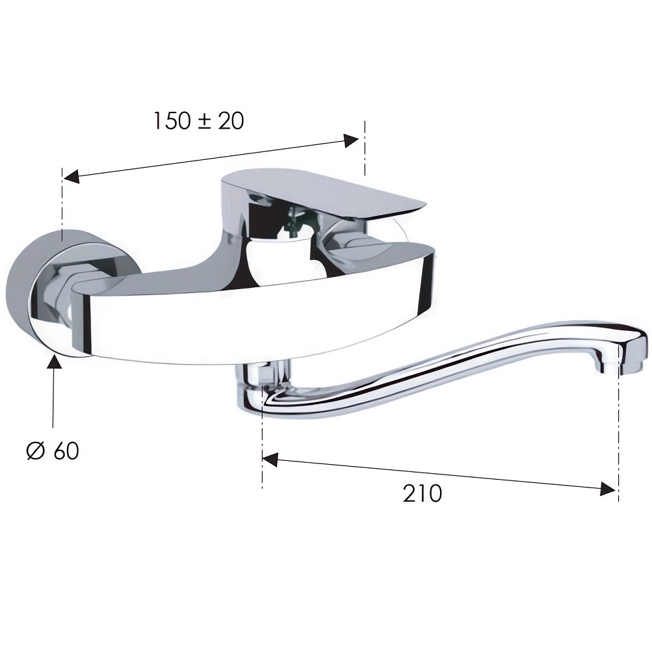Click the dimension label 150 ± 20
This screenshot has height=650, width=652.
pyautogui.click(x=199, y=121)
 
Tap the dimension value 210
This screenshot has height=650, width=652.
pyautogui.click(x=422, y=493)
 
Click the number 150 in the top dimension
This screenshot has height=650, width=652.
pyautogui.click(x=172, y=121)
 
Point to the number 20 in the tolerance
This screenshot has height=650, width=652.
pyautogui.click(x=231, y=121)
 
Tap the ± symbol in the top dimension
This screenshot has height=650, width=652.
pyautogui.click(x=204, y=121)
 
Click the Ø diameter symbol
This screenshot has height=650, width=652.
pyautogui.click(x=35, y=450)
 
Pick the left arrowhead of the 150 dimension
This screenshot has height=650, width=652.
pyautogui.click(x=71, y=177)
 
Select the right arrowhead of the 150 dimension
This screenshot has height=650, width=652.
pyautogui.click(x=350, y=140)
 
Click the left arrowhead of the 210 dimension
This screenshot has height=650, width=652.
pyautogui.click(x=270, y=460)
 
